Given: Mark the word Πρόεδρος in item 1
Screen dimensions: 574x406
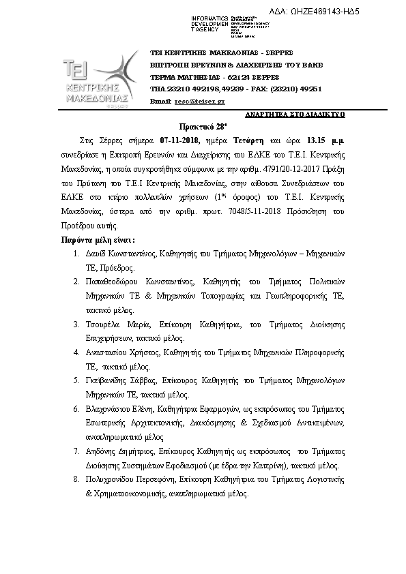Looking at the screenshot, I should pyautogui.click(x=119, y=267).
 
